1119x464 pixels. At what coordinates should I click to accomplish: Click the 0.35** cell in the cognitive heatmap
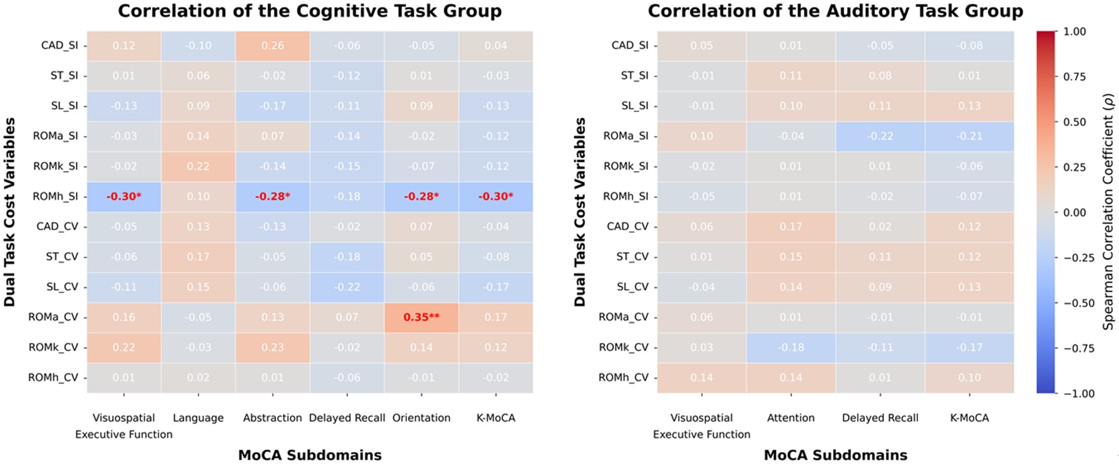(421, 317)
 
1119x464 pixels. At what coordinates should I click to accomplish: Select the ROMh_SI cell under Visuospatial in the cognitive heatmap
(124, 196)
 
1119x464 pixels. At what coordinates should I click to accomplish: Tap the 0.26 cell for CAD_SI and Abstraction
(272, 46)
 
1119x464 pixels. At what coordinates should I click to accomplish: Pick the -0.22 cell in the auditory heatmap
(880, 136)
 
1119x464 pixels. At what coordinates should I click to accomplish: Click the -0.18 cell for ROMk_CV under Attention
(791, 347)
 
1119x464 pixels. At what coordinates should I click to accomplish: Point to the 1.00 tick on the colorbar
(1075, 31)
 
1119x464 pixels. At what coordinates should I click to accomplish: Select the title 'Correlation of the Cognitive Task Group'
(310, 11)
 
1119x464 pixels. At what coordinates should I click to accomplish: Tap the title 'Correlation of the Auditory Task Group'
(835, 11)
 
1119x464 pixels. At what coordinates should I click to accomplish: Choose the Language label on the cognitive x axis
(198, 418)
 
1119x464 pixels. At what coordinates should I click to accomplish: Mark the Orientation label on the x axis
(421, 418)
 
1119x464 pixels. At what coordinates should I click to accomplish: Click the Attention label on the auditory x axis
(791, 418)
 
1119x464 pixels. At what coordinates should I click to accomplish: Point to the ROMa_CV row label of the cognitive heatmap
(53, 317)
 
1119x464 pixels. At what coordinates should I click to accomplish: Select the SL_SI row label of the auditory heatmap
(635, 106)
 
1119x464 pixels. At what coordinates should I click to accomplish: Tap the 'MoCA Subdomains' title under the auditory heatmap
(835, 455)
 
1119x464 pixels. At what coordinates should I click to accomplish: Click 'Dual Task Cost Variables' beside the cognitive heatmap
(9, 212)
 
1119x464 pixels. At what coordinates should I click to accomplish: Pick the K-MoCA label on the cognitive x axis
(496, 418)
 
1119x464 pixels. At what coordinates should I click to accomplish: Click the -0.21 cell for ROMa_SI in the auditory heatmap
(969, 136)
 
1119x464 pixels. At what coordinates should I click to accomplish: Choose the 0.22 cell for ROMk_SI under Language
(198, 166)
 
